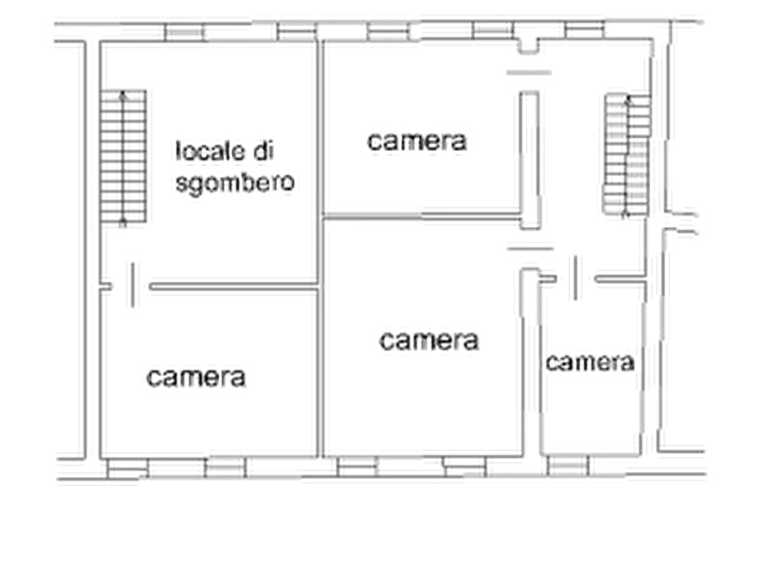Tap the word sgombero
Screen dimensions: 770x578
(235, 183)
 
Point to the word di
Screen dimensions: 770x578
(263, 151)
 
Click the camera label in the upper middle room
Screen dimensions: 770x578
(416, 141)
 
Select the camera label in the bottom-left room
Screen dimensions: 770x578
(196, 378)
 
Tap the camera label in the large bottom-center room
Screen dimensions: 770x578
(429, 341)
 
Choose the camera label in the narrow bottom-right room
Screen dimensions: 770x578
(590, 362)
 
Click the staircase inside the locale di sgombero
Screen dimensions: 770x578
(123, 157)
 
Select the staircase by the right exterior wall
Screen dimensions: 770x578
(627, 154)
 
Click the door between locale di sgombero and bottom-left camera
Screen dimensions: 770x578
(132, 286)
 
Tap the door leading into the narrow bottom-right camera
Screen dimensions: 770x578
(575, 278)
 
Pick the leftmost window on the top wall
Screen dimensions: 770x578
(185, 33)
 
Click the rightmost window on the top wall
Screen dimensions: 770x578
(585, 29)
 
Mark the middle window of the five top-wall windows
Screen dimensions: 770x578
(388, 32)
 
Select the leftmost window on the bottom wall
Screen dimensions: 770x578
(128, 468)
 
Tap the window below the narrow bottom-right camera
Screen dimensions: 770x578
(567, 466)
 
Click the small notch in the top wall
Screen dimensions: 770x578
(529, 46)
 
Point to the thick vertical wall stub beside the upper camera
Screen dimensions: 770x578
(530, 160)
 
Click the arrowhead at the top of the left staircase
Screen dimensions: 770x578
(122, 93)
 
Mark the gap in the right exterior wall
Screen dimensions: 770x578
(680, 223)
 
